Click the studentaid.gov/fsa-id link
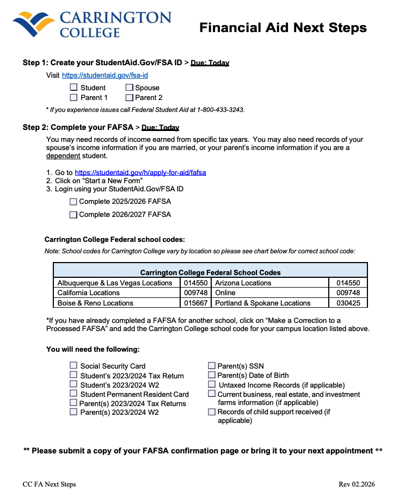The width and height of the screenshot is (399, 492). point(105,76)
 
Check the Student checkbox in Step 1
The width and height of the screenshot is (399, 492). point(73,88)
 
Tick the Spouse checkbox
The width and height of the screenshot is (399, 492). point(130,88)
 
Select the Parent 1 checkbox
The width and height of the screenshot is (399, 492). point(73,97)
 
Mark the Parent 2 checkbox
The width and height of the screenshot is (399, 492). point(130,98)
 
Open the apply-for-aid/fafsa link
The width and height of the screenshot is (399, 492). point(140,173)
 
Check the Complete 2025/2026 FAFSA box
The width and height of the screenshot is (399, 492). point(73,202)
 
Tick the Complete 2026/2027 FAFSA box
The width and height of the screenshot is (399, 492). point(73,215)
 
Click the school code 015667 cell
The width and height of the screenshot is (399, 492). point(195,303)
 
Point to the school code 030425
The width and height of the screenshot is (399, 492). point(348,303)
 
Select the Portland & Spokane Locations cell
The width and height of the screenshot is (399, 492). point(263,303)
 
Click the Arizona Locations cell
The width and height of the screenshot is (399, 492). point(243,283)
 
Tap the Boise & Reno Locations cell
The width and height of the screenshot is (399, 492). point(95,303)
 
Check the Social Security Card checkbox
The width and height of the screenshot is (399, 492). point(73,366)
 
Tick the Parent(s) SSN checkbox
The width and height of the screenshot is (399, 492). point(212,366)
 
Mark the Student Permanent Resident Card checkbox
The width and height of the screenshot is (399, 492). point(73,394)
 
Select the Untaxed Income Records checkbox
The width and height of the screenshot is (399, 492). point(212,384)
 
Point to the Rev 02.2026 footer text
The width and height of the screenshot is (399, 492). point(357,484)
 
